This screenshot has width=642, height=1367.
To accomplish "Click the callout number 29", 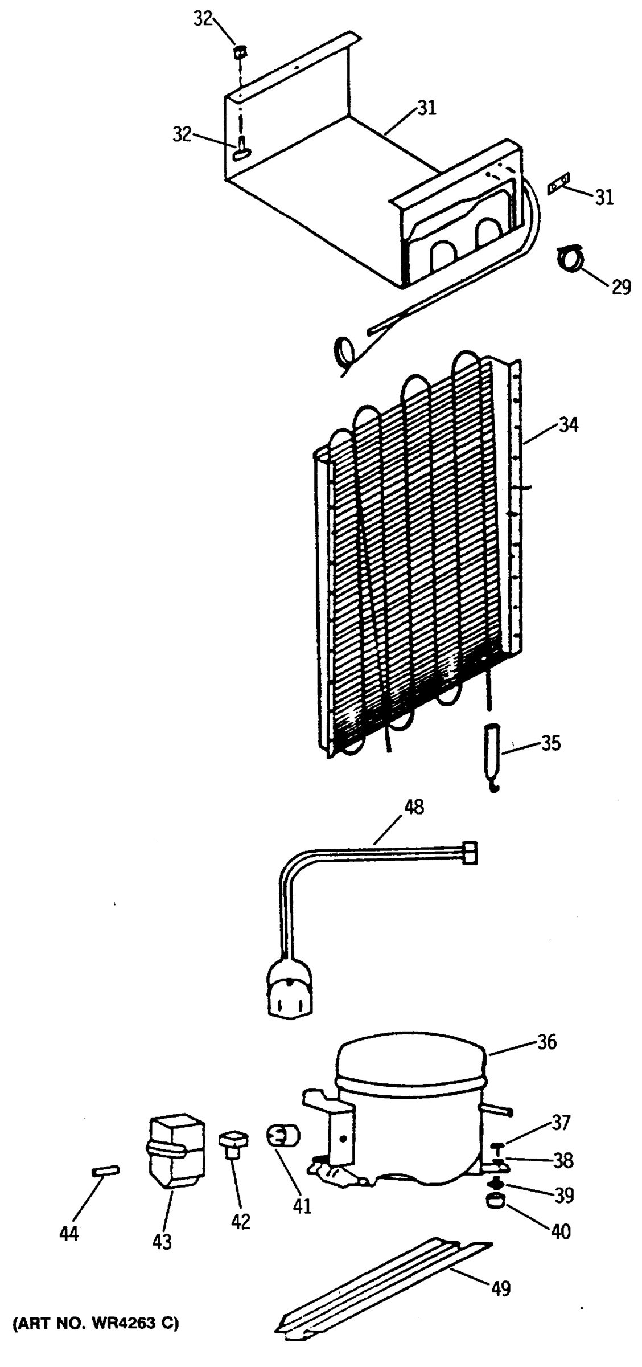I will point(621,288).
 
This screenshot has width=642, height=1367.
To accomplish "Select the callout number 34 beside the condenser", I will point(567,425).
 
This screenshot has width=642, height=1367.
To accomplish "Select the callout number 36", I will point(546,1042).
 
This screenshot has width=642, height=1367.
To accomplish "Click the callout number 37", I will point(560,1123).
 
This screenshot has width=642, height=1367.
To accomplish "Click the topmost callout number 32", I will point(203,19).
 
